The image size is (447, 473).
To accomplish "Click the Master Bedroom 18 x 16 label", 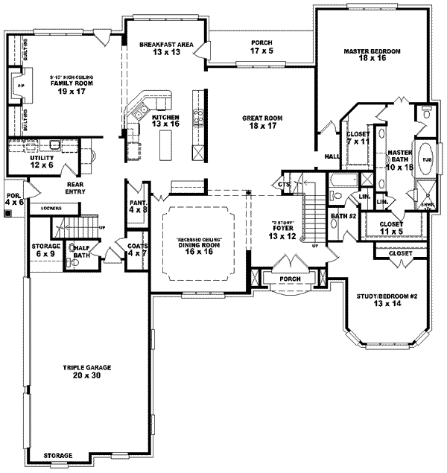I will tap(372, 56).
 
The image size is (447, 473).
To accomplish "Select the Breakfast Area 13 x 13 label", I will tap(166, 50).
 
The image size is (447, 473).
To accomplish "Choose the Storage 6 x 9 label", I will tap(45, 250).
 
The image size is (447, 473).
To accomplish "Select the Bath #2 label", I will tap(343, 216).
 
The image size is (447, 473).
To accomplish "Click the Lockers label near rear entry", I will tap(51, 208).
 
